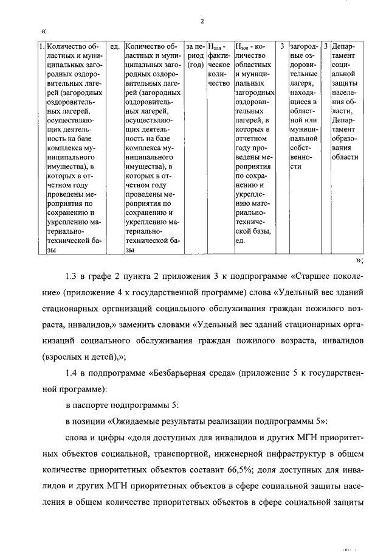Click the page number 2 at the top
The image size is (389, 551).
pos(201,23)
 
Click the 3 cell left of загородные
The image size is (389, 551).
pos(283,46)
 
